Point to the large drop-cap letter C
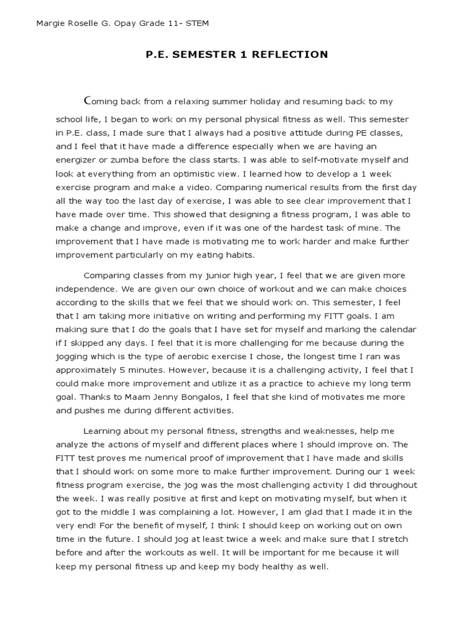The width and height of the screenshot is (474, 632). pyautogui.click(x=87, y=100)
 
